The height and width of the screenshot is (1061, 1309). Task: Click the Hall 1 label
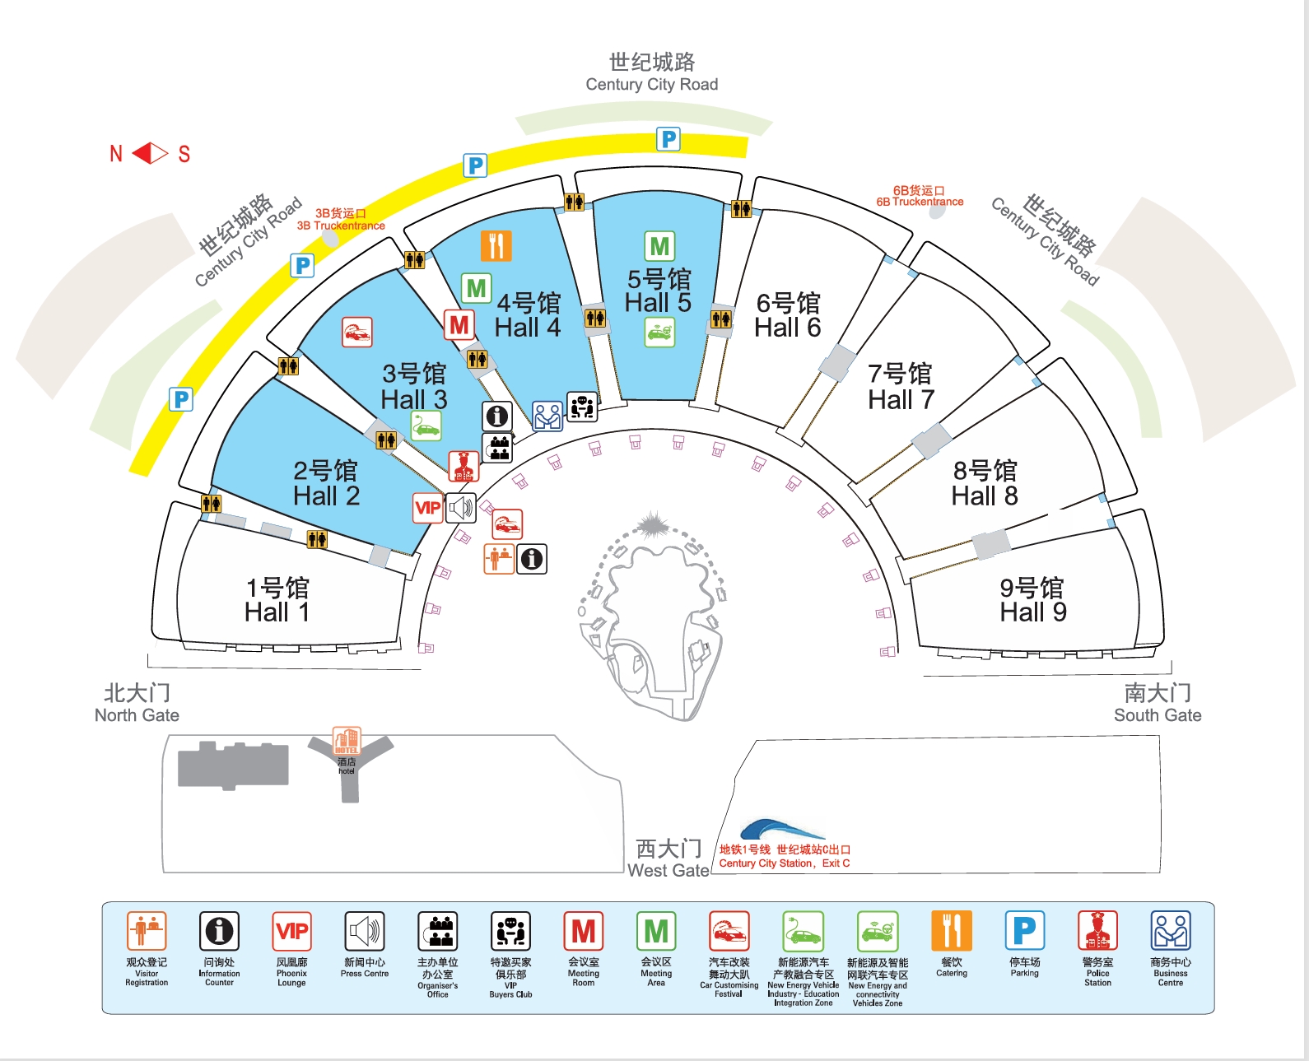(277, 600)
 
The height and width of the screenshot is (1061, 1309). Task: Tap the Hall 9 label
(1032, 600)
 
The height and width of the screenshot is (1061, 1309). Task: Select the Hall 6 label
(788, 315)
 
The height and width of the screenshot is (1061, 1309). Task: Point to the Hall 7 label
(901, 387)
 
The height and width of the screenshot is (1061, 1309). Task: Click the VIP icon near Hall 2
(428, 508)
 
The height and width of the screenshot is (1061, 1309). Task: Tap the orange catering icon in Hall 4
(496, 245)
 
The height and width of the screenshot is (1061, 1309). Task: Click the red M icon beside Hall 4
(459, 325)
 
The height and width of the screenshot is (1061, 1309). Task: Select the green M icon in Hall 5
(659, 246)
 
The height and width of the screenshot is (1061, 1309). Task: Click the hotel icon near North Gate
(347, 741)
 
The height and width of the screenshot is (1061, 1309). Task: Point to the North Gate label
(137, 704)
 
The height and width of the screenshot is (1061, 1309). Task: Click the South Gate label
(1158, 704)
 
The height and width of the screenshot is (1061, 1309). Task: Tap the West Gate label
(668, 859)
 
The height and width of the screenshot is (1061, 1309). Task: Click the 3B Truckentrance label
(341, 220)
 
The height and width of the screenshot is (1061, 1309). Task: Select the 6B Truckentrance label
(920, 196)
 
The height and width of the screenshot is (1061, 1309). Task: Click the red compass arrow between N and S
(150, 153)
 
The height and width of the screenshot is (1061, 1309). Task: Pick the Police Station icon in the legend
(1097, 931)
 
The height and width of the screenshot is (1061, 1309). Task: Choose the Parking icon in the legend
(1024, 931)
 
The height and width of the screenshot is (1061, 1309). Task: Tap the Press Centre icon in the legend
(364, 931)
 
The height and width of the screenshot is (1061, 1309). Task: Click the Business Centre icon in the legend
(1170, 931)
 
